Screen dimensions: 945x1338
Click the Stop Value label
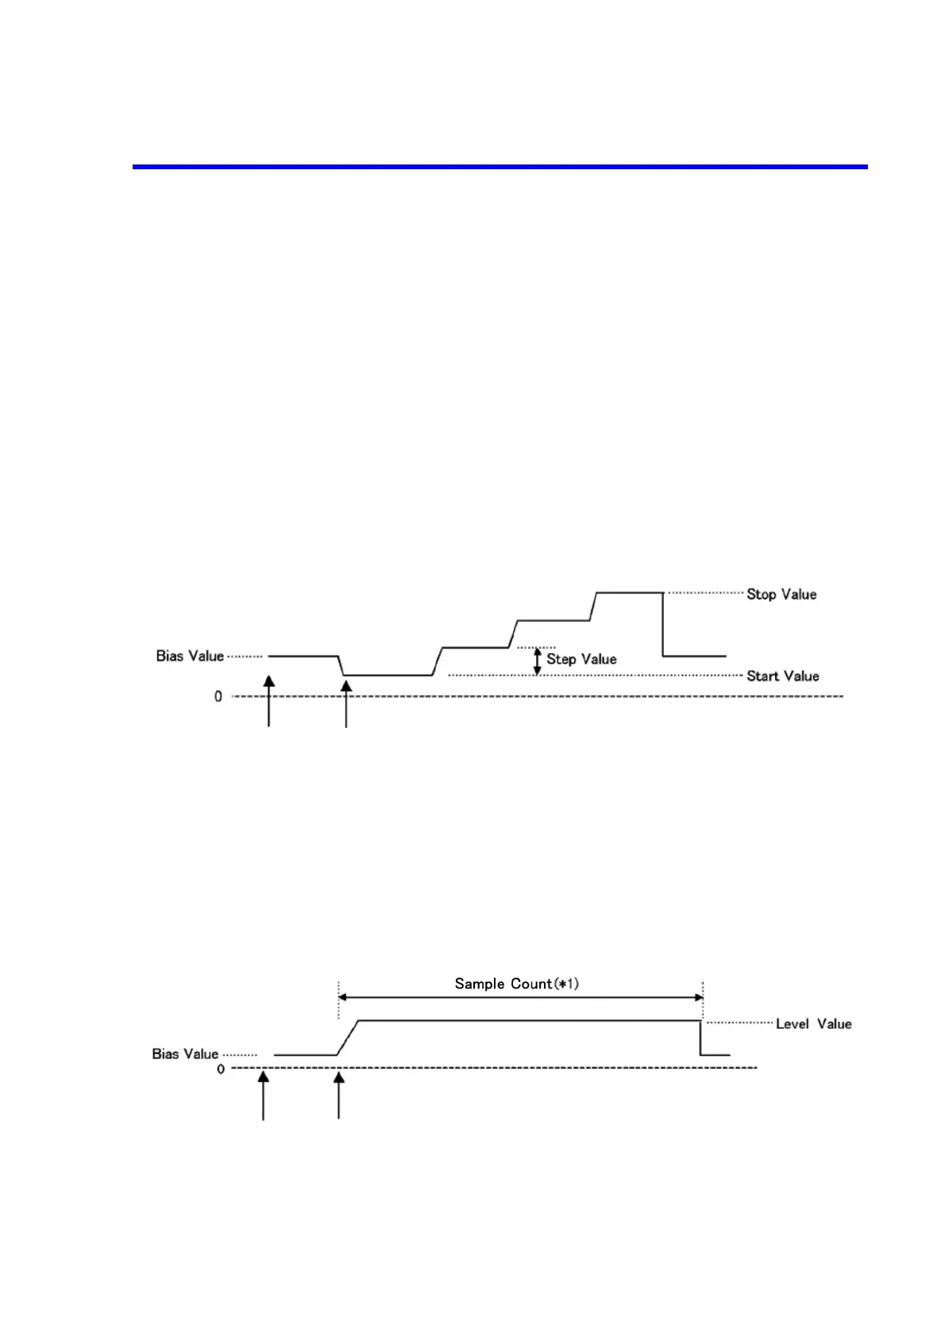781,594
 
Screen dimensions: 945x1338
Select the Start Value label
782,676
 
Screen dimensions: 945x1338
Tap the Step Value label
581,659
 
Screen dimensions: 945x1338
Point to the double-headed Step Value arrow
537,661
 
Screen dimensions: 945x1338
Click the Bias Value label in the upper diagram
190,656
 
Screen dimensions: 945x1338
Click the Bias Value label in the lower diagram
185,1054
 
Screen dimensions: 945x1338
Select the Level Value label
813,1024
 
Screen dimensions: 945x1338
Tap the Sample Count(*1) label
516,984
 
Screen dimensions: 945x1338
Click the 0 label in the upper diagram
218,697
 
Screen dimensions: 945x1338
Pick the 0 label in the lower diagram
221,1069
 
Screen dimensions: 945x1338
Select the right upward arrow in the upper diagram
346,702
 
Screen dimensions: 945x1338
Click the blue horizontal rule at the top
499,167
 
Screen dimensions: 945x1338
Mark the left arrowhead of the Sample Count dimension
343,997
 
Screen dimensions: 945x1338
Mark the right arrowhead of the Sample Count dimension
699,997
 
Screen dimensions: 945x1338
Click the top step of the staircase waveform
629,593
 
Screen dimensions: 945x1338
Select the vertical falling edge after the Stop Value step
663,625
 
